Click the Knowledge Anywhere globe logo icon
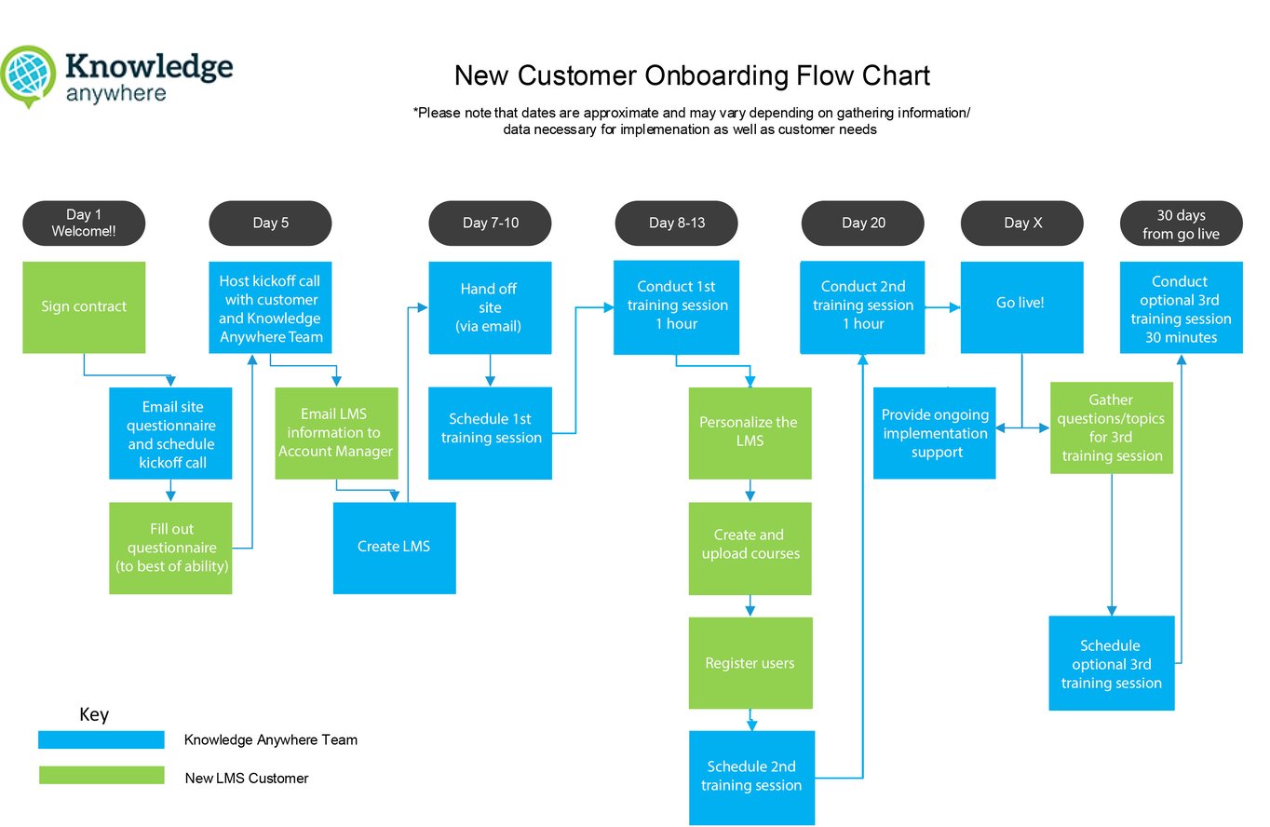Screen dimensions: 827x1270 [28, 75]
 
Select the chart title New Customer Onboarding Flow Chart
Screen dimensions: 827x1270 [691, 75]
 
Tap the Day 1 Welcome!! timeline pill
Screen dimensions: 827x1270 [84, 224]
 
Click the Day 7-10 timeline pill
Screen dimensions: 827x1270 [490, 224]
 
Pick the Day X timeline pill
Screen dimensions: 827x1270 [1021, 224]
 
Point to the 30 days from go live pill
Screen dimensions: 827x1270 [1181, 224]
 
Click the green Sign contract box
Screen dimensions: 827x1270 [84, 307]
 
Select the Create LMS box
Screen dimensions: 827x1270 [394, 548]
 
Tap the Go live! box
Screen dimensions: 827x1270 [1021, 307]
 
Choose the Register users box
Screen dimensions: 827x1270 [750, 663]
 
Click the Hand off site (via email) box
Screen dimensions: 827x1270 [490, 307]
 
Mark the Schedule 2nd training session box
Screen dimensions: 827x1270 [751, 777]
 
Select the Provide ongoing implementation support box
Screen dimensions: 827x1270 [934, 433]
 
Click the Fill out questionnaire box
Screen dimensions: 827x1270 [170, 548]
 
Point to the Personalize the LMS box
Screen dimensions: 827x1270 [750, 432]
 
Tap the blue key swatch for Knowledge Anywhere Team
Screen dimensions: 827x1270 [101, 739]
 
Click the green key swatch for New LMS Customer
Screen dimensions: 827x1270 [101, 776]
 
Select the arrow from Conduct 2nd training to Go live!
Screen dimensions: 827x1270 [942, 305]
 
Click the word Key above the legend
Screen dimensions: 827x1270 [94, 715]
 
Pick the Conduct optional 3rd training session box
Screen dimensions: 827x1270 [1181, 307]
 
